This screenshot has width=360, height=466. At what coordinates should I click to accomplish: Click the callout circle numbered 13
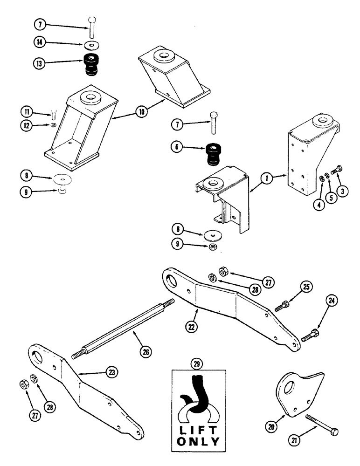tap(40, 64)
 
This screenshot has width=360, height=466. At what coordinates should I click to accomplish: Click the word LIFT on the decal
tap(199, 425)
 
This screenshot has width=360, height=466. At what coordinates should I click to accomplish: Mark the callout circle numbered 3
tap(344, 191)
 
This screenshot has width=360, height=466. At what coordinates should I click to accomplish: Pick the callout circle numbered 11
tap(27, 111)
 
